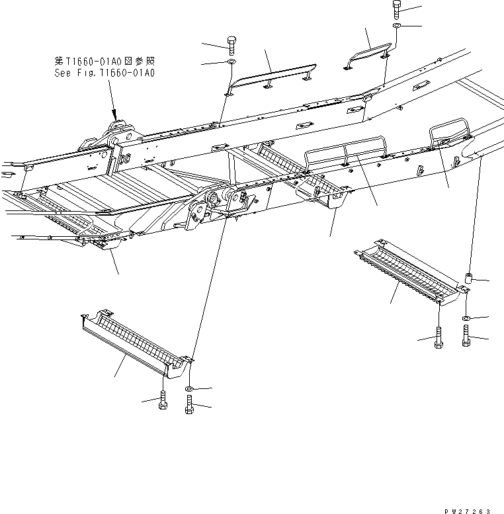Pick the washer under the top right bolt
(396, 26)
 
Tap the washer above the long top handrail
(231, 63)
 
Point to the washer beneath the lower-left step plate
(190, 387)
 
